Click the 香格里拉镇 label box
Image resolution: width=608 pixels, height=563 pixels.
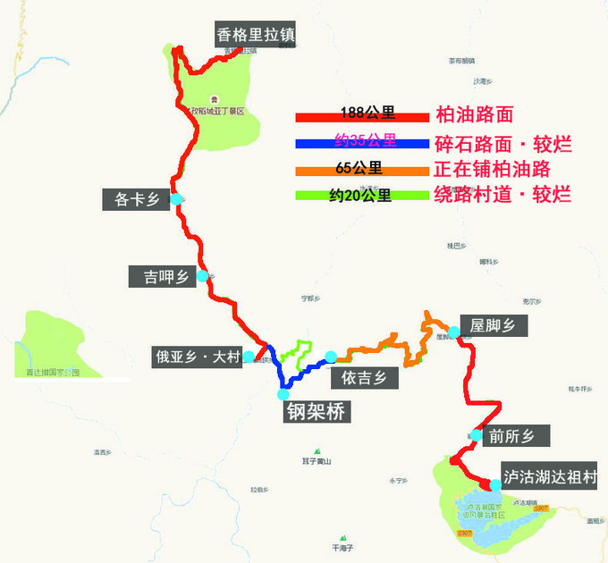256,35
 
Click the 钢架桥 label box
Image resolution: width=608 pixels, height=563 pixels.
317,411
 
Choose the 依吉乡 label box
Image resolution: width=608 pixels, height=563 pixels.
364,378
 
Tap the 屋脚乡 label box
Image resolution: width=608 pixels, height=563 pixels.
494,325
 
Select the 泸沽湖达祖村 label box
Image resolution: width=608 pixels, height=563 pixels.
549,478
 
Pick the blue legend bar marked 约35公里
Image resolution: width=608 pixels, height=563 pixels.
362,142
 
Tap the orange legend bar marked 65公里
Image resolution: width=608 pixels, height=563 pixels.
362,170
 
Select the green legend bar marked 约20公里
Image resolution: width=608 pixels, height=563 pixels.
362,196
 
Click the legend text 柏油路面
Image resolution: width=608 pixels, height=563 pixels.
475,114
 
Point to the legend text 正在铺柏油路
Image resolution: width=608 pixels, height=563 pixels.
492,169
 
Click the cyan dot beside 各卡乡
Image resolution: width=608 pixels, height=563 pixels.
177,198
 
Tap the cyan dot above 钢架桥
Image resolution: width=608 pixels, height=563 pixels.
283,393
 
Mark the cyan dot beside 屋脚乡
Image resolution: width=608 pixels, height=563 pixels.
454,332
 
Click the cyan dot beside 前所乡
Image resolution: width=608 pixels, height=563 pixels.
476,436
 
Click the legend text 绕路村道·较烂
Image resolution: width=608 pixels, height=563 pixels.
502,195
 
